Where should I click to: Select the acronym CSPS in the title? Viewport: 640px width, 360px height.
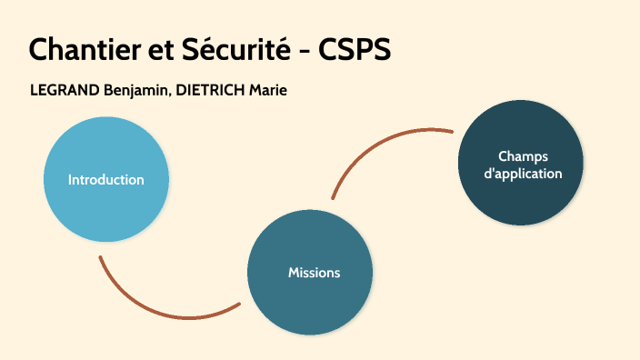(x=355, y=50)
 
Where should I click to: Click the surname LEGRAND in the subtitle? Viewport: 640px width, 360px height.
(x=65, y=91)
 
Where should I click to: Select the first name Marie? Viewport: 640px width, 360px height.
(x=269, y=91)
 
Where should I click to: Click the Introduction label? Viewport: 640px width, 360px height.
(x=105, y=179)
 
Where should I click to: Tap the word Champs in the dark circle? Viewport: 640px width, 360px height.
(x=523, y=155)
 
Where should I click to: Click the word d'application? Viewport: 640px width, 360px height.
(x=523, y=173)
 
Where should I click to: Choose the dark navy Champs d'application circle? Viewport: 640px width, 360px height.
(x=522, y=200)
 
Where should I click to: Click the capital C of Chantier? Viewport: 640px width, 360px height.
(x=40, y=50)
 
